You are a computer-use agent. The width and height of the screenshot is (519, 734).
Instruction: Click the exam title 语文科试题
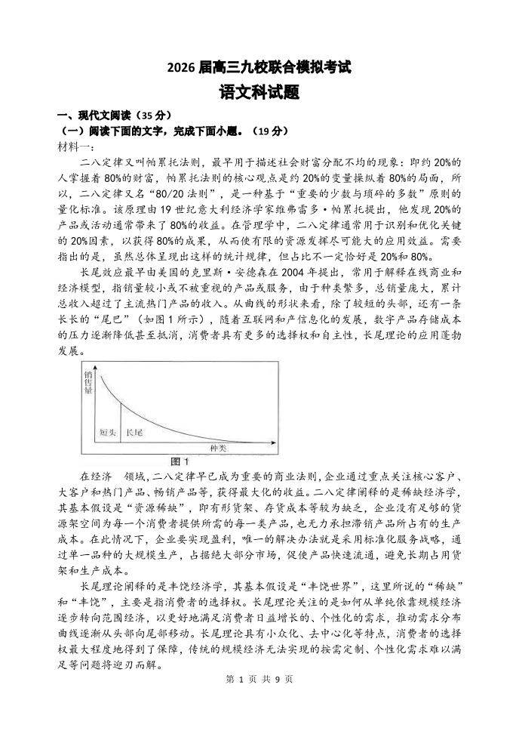259,92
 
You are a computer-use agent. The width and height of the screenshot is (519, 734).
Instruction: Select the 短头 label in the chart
108,432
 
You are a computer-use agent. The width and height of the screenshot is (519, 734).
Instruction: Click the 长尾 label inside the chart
134,432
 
